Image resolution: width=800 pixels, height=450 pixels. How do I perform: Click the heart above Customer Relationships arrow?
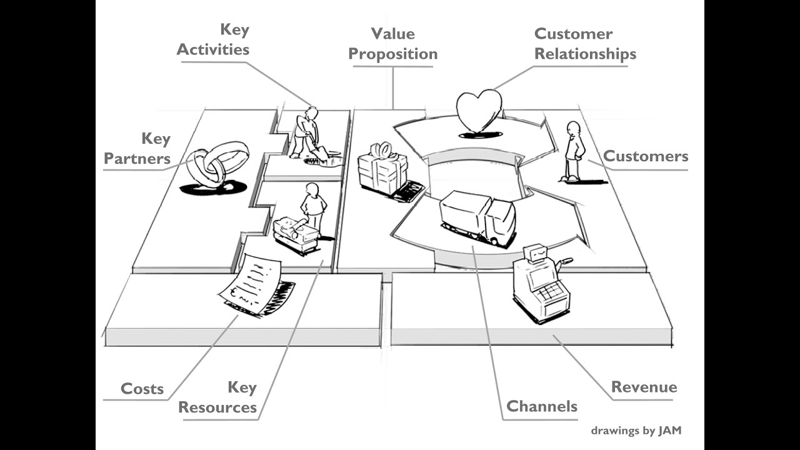pyautogui.click(x=479, y=111)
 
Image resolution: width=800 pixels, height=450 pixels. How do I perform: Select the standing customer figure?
pyautogui.click(x=574, y=151)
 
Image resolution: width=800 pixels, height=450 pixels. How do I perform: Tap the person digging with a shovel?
pyautogui.click(x=307, y=132)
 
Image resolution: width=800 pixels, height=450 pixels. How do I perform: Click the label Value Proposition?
pyautogui.click(x=392, y=44)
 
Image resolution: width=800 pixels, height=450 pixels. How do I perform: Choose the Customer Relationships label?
pyautogui.click(x=585, y=44)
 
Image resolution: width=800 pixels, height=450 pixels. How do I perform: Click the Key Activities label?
pyautogui.click(x=213, y=40)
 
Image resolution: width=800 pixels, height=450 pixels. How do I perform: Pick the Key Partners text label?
pyautogui.click(x=137, y=149)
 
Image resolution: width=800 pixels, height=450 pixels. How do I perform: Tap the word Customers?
pyautogui.click(x=645, y=156)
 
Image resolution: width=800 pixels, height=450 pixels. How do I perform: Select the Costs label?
pyautogui.click(x=142, y=389)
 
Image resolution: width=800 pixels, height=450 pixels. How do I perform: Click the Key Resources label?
pyautogui.click(x=217, y=397)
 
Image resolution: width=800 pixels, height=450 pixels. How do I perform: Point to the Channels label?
pyautogui.click(x=541, y=406)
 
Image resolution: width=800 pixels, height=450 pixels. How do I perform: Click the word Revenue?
pyautogui.click(x=644, y=387)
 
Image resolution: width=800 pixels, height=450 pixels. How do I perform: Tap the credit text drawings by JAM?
pyautogui.click(x=636, y=430)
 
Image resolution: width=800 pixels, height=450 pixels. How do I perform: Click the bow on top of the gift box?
pyautogui.click(x=382, y=150)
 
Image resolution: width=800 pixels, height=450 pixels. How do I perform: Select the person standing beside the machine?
pyautogui.click(x=313, y=206)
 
